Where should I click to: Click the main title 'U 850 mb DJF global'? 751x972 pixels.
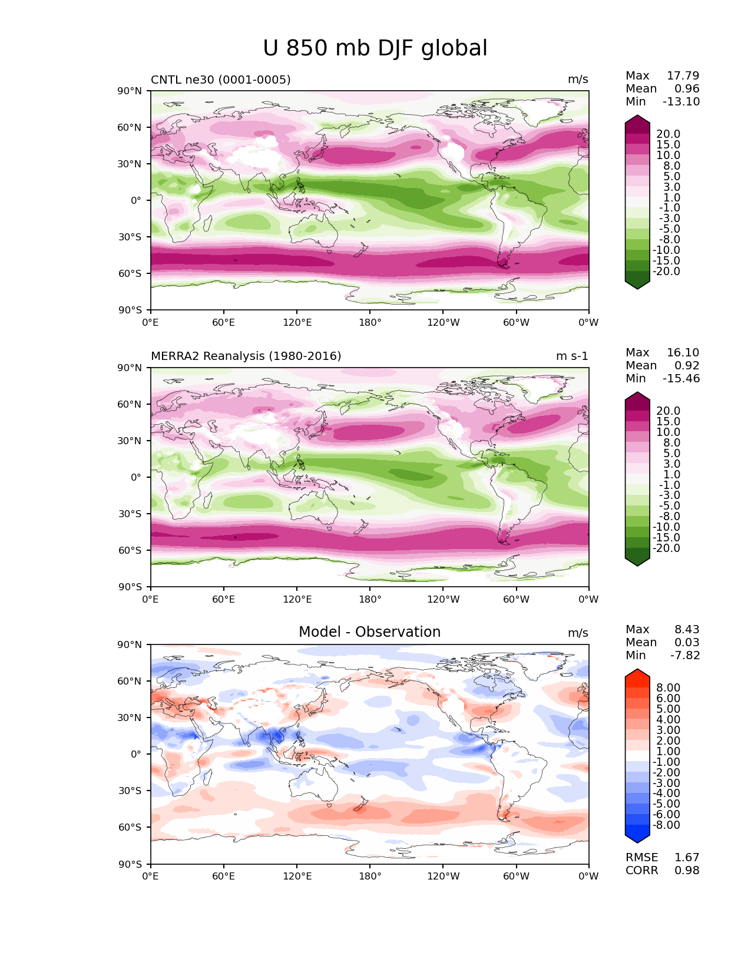375,48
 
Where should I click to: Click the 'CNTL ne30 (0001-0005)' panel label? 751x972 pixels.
220,80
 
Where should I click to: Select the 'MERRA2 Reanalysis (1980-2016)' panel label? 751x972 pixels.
246,356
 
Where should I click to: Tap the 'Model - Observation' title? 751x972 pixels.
369,632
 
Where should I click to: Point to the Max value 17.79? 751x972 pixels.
683,76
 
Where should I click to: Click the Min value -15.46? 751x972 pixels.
681,379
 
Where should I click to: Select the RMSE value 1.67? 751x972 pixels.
687,858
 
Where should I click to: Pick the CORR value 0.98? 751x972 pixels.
687,871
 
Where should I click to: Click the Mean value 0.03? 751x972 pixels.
687,643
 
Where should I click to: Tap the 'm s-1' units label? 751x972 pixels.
572,356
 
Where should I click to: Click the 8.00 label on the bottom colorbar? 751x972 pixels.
668,688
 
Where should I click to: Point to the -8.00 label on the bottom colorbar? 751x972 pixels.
666,825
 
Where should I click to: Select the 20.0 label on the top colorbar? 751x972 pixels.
668,134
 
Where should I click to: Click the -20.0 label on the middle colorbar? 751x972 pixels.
666,548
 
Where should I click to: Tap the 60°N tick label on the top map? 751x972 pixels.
130,127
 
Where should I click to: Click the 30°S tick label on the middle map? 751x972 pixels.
130,514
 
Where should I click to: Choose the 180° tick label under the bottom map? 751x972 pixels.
370,877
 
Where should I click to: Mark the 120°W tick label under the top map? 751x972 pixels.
444,323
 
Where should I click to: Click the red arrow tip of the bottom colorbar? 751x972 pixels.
637,673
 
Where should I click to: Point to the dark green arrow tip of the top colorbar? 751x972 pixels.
637,285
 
